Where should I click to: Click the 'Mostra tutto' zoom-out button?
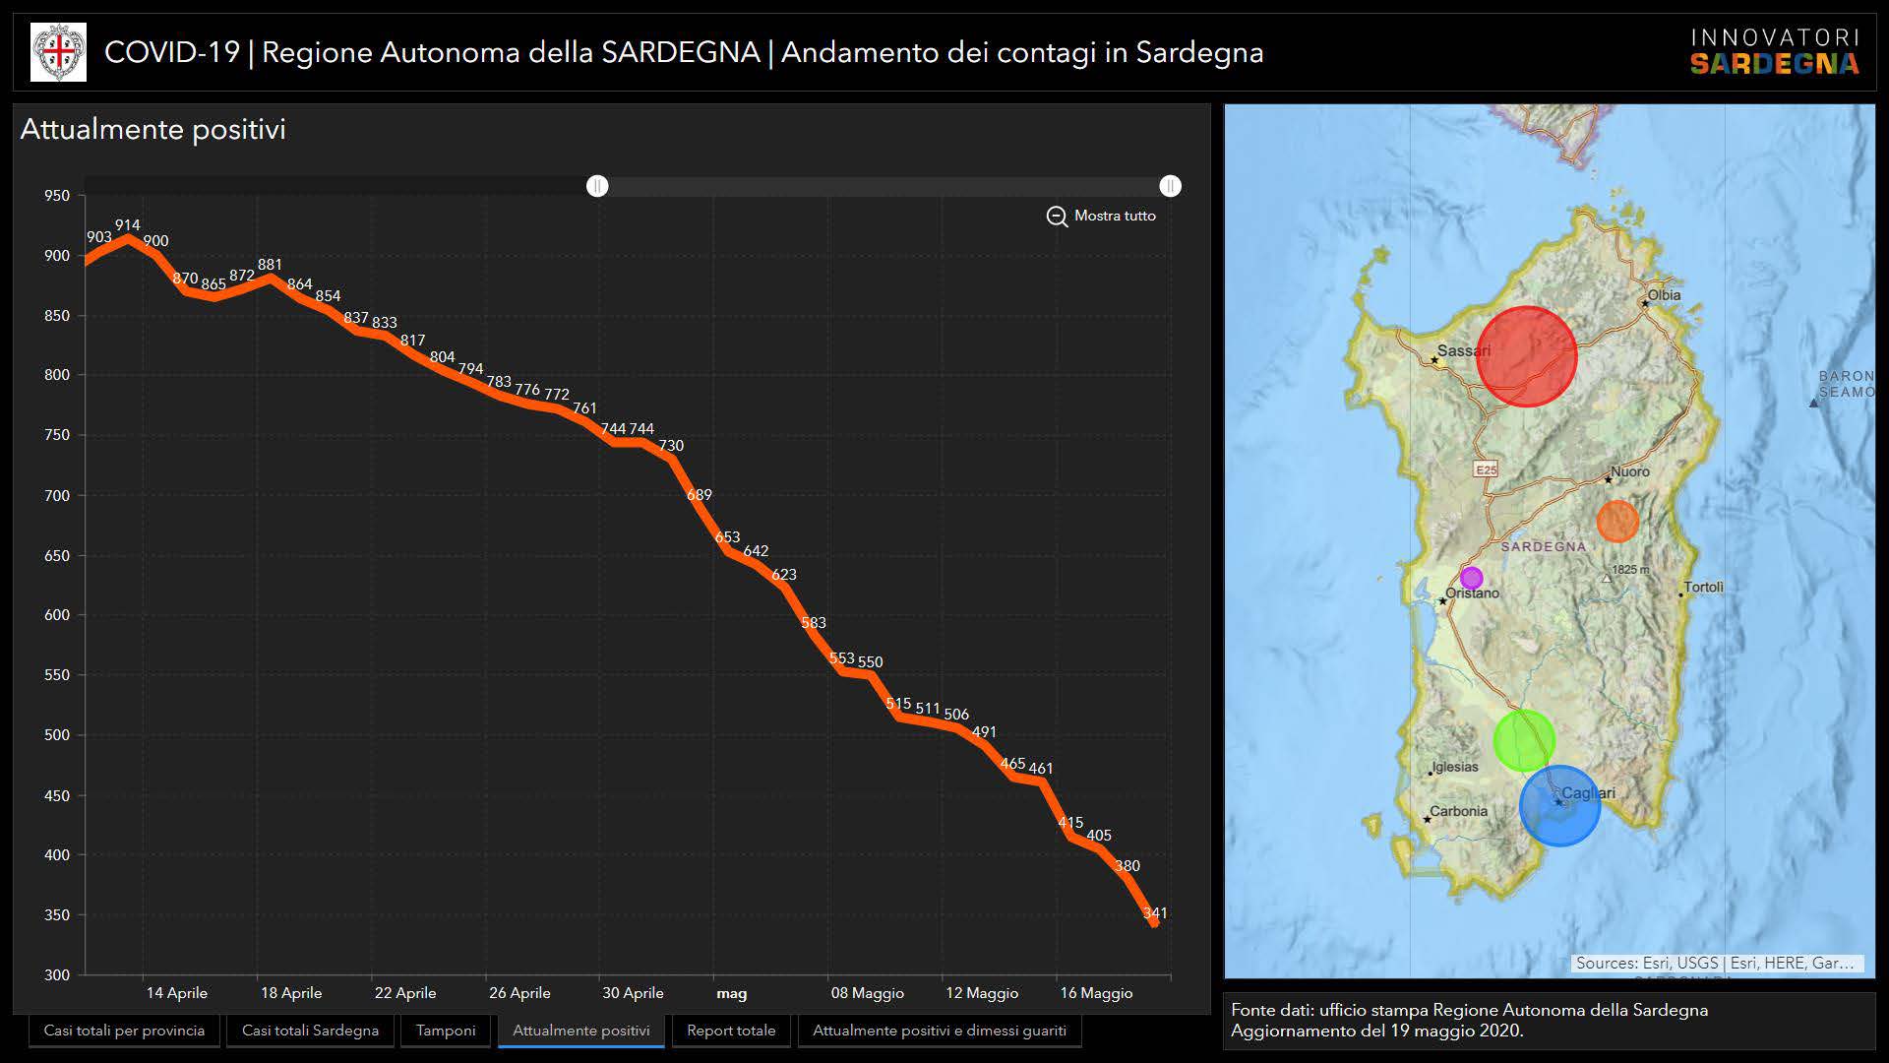pos(1101,216)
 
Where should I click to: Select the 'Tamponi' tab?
pos(446,1031)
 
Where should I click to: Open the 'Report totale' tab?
pos(731,1031)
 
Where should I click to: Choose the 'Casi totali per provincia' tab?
pos(124,1031)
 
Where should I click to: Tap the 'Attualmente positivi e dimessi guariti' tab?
pos(939,1031)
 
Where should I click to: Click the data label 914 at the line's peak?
pos(127,225)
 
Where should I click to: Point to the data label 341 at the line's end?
pos(1155,913)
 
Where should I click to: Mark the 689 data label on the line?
pos(699,495)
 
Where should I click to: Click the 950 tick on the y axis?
pos(57,196)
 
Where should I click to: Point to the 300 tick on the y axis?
pos(57,975)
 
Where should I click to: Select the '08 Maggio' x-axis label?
pos(867,993)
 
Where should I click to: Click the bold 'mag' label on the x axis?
pos(731,993)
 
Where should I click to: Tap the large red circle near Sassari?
pos(1526,356)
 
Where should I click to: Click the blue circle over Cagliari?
pos(1559,806)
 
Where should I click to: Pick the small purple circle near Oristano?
pos(1471,578)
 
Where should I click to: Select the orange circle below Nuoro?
pos(1616,522)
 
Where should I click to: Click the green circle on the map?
pos(1523,740)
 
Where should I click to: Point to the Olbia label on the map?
pos(1664,295)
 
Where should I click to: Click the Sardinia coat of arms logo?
pos(59,52)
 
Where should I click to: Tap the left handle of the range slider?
pos(597,186)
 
